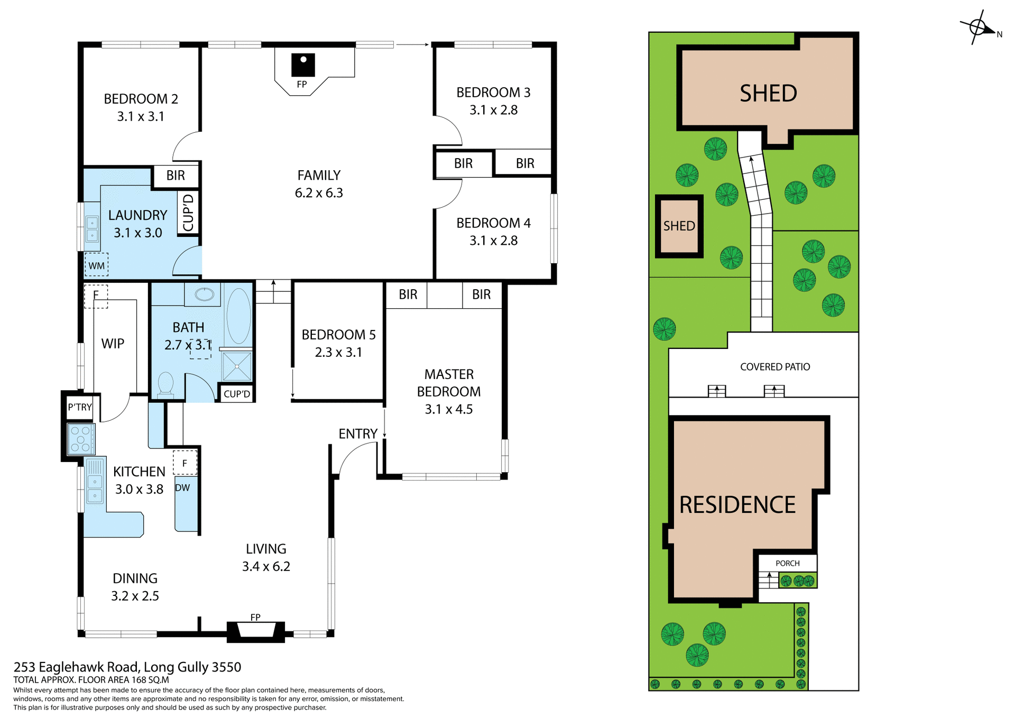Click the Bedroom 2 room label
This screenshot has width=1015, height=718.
coord(141,99)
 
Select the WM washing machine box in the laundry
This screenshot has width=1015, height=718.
coord(96,265)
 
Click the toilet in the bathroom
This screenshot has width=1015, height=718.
coord(165,384)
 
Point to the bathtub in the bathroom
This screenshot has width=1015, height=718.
coord(238,316)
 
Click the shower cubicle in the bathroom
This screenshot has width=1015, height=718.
coord(237,366)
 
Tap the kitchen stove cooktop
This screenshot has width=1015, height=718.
coord(81,439)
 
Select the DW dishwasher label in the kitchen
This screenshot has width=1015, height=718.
coord(182,487)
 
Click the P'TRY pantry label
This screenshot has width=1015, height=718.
coord(80,407)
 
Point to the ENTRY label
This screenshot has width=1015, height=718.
coord(358,434)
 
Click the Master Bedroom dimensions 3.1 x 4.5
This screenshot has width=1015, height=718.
coord(448,409)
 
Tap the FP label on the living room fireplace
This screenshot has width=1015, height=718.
coord(255,617)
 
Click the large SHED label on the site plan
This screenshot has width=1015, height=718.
coord(768,94)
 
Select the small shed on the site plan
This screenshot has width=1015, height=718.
coord(679,226)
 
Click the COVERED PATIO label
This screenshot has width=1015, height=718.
coord(774,366)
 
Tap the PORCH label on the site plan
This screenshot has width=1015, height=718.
coord(787,563)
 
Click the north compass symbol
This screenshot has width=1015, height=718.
coord(977,27)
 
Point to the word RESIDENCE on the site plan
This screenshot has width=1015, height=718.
coord(737,504)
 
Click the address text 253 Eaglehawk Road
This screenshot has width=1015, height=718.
coord(127,667)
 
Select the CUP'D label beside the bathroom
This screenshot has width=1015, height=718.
coord(236,393)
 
